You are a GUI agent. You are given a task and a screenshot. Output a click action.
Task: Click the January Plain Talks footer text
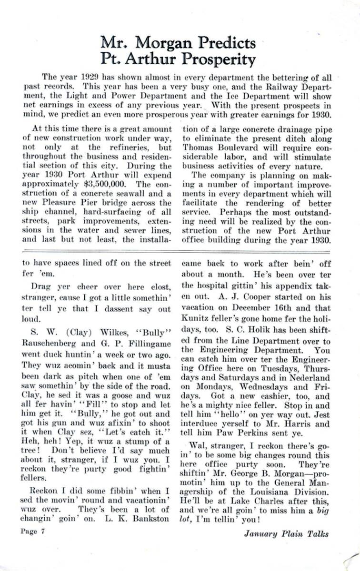point(286,534)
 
